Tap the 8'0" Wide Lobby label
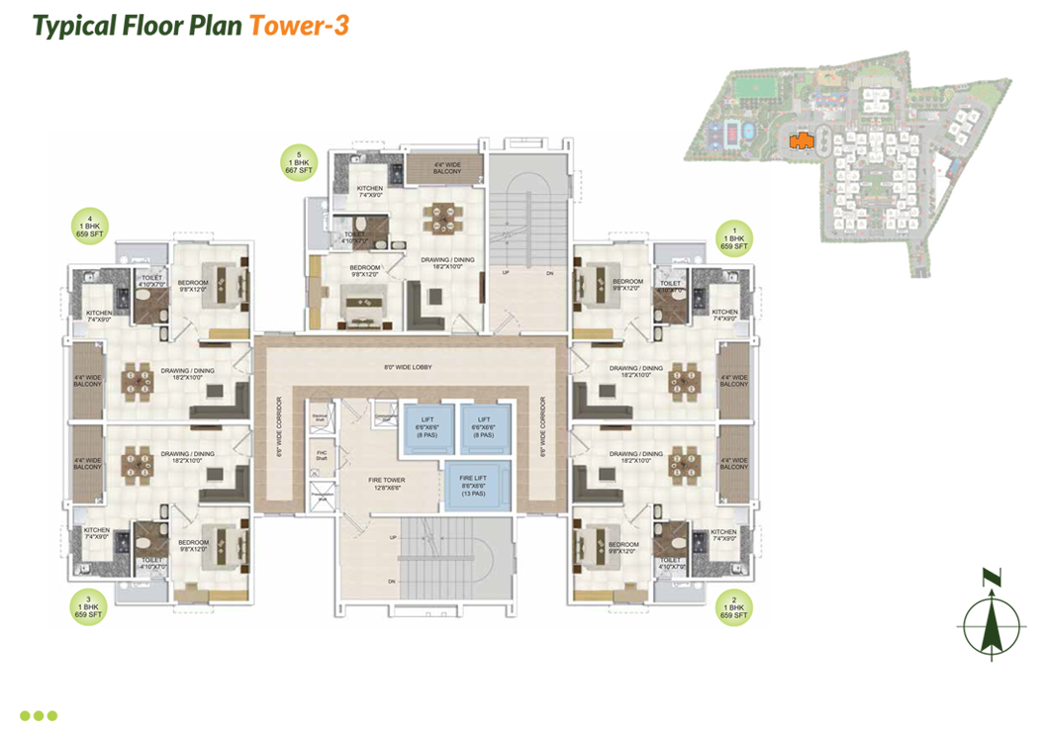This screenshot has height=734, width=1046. pos(410,368)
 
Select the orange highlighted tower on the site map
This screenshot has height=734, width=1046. pos(802,140)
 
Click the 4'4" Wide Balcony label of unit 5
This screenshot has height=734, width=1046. pos(446,167)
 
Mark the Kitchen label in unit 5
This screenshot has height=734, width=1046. pos(369,191)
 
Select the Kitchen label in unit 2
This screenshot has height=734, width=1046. pos(723,535)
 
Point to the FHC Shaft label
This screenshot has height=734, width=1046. pos(321,456)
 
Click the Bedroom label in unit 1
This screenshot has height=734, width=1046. pos(628,285)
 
